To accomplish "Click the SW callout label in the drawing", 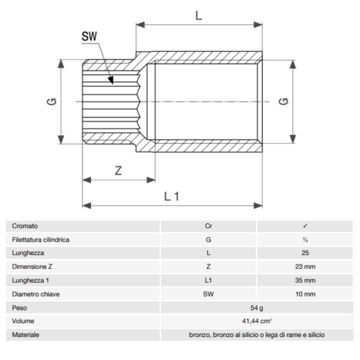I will pyautogui.click(x=89, y=37).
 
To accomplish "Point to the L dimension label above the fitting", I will pyautogui.click(x=199, y=16).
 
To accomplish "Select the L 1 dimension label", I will pyautogui.click(x=172, y=196).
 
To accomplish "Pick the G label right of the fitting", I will pyautogui.click(x=285, y=101).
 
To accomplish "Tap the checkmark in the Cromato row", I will pyautogui.click(x=305, y=226).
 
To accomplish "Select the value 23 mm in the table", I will pyautogui.click(x=305, y=267).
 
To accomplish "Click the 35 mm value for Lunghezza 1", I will pyautogui.click(x=305, y=280).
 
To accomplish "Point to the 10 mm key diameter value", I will pyautogui.click(x=305, y=294).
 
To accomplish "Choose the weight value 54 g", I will pyautogui.click(x=257, y=308).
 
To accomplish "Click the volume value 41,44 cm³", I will pyautogui.click(x=257, y=321).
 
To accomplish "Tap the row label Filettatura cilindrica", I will pyautogui.click(x=41, y=240).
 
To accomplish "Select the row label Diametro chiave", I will pyautogui.click(x=36, y=294).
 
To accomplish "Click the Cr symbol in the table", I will pyautogui.click(x=208, y=226).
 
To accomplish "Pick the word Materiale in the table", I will pyautogui.click(x=25, y=335).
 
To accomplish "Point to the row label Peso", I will pyautogui.click(x=19, y=308).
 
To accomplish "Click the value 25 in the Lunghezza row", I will pyautogui.click(x=305, y=253).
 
